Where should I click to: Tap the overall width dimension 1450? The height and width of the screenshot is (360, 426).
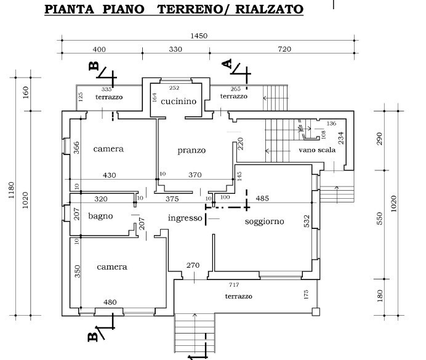[x=199, y=36]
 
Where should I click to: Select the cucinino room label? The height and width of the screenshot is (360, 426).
[x=179, y=102]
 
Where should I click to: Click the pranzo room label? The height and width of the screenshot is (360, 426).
[x=191, y=150]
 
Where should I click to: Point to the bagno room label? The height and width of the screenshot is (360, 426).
[x=100, y=216]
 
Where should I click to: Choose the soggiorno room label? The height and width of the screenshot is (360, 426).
[x=264, y=222]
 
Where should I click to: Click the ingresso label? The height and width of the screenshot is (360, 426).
[x=185, y=218]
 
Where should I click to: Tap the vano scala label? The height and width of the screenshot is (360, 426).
[x=317, y=150]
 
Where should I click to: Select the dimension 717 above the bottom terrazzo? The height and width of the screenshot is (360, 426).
[x=234, y=284]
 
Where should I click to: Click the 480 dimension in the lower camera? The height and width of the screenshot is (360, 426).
[x=110, y=302]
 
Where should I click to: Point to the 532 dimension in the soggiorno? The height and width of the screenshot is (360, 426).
[x=307, y=221]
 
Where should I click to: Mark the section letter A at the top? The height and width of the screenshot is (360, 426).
[x=227, y=63]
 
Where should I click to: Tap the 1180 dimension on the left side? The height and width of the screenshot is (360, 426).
[x=11, y=190]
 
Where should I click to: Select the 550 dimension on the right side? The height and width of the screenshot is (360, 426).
[x=380, y=218]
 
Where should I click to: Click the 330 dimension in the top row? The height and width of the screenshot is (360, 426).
[x=175, y=49]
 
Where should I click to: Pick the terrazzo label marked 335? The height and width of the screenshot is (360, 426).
[x=109, y=97]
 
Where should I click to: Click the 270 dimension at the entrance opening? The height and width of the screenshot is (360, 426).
[x=193, y=265]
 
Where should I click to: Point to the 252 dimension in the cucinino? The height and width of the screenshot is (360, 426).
[x=174, y=88]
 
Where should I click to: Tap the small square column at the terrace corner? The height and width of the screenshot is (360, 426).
[x=316, y=311]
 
